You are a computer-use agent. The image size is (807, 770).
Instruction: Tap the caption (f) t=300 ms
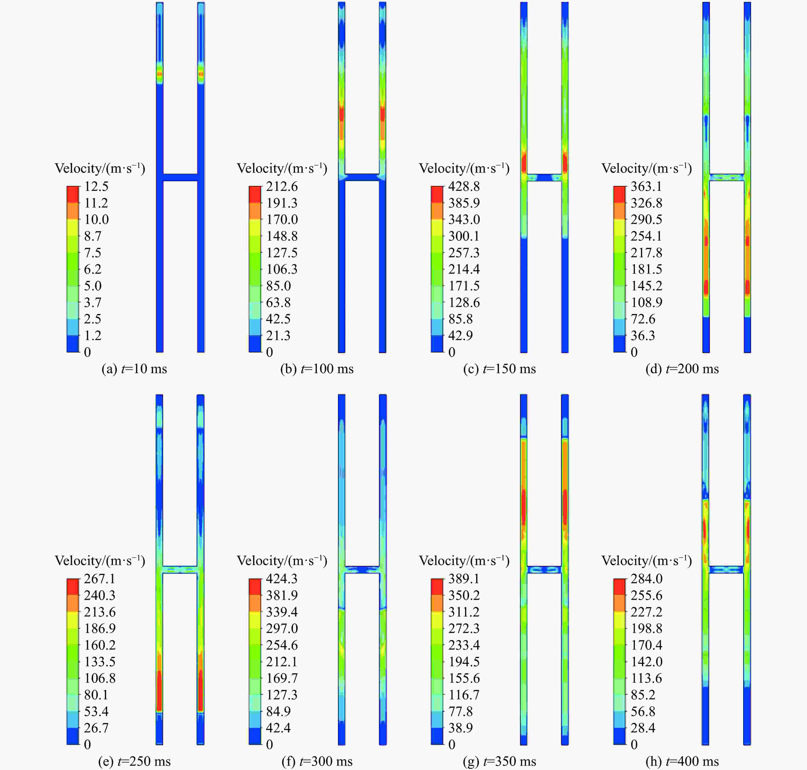[x=317, y=761]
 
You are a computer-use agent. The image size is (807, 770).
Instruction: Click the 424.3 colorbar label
[x=282, y=579]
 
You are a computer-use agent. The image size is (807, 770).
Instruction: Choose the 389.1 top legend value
[x=464, y=579]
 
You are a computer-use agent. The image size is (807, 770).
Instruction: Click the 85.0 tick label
[x=278, y=286]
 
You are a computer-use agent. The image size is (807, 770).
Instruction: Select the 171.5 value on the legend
[x=464, y=286]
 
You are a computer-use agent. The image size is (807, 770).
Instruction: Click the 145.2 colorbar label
[x=646, y=286]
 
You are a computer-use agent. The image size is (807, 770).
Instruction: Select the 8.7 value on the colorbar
[x=93, y=236]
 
